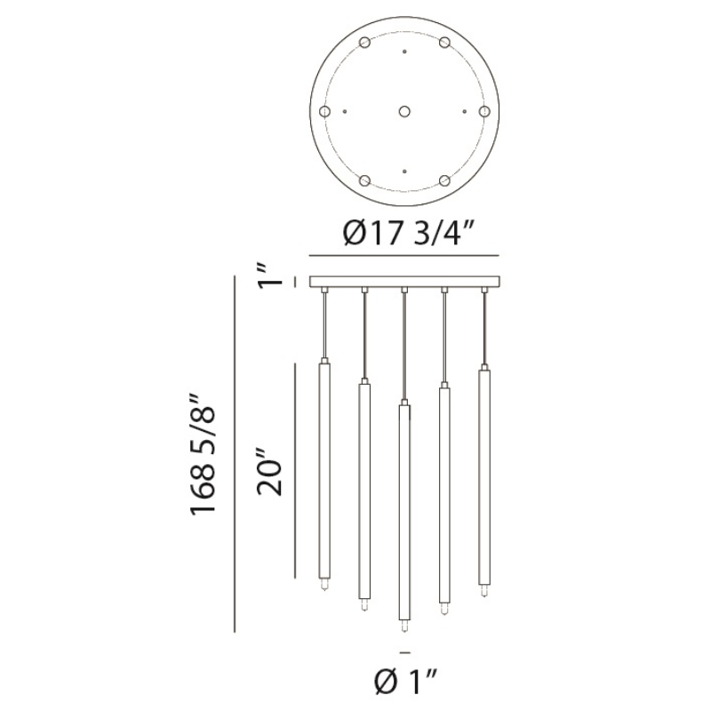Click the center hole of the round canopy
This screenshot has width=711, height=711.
(x=404, y=112)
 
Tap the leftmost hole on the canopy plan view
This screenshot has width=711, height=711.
(x=324, y=112)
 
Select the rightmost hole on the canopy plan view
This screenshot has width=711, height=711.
(x=484, y=112)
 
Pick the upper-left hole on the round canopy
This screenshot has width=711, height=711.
(x=364, y=43)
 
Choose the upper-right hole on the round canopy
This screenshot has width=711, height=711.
(x=444, y=43)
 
